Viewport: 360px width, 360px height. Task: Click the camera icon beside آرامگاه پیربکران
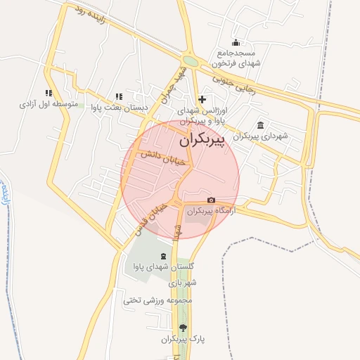[212, 200]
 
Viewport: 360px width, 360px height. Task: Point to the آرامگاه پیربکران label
[212, 210]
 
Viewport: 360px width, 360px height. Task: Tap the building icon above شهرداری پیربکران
[261, 125]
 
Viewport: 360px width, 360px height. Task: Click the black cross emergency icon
[202, 99]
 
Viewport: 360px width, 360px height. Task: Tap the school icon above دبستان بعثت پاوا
[118, 96]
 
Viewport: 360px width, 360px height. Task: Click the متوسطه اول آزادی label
[48, 104]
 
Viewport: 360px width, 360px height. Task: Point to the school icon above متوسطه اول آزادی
[49, 93]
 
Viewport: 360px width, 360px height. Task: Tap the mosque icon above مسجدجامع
[236, 42]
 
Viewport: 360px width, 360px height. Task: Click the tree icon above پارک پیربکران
[184, 328]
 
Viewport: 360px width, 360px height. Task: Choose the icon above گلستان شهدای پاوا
[164, 256]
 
